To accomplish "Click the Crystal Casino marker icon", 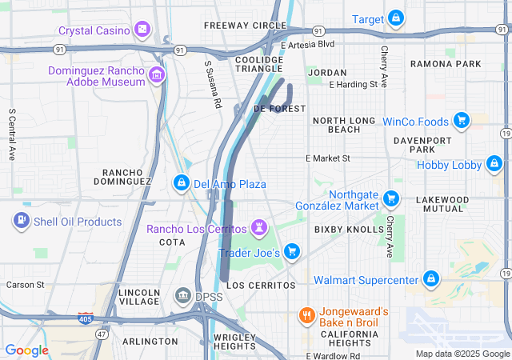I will point(142,30).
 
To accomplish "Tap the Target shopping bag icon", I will point(396,18).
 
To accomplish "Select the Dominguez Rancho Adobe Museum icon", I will point(157,76).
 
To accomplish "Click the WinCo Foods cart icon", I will point(461,121).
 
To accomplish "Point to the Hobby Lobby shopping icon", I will point(494,165).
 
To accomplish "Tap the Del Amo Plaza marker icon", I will point(182,183).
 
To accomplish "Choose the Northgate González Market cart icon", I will point(391,198).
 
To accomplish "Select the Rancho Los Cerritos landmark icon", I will point(259,228).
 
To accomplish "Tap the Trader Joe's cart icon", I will point(292,252).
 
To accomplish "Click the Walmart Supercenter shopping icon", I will point(431,279).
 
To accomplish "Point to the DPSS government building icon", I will point(183,297).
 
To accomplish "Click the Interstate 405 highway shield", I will point(86,318).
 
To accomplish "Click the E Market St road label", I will point(328,158).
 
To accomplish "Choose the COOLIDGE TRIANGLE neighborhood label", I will point(259,63).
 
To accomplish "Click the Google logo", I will point(26,350).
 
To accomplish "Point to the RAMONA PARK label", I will point(446,63).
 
